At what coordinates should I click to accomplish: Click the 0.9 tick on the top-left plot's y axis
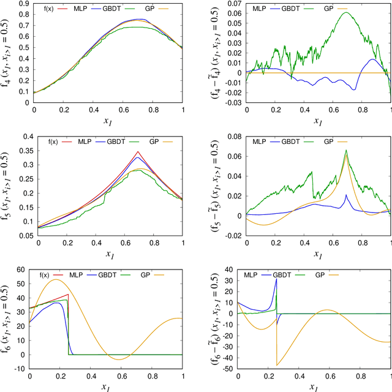point(24,3)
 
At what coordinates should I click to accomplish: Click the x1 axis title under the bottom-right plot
point(314,386)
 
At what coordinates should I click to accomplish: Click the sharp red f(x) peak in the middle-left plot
point(139,151)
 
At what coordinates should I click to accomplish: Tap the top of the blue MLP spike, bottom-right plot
point(276,279)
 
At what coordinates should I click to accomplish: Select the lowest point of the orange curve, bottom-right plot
point(277,366)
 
